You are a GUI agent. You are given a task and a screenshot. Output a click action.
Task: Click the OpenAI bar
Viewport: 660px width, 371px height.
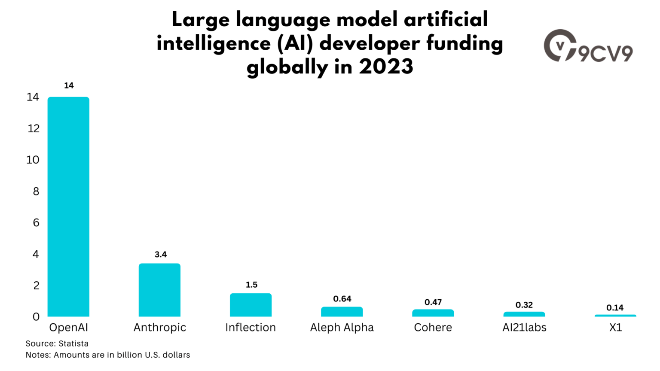coord(68,207)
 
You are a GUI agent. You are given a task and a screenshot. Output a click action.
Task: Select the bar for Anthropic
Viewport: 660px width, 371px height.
coord(159,290)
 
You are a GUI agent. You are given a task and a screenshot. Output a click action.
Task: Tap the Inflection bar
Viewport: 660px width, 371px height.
coord(251,305)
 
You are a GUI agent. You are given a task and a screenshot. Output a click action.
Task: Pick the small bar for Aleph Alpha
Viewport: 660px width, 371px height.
coord(342,312)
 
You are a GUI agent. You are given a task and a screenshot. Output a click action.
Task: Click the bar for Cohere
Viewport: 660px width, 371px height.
coord(433,313)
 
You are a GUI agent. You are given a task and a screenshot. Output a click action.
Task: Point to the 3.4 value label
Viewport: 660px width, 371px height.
coord(160,255)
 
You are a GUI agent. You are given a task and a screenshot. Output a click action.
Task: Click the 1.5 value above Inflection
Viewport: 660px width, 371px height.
coord(251,285)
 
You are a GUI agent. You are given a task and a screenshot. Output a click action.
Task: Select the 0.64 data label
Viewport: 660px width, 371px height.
coord(342,299)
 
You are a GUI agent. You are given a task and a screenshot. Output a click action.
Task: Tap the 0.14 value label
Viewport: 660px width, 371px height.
coord(615,308)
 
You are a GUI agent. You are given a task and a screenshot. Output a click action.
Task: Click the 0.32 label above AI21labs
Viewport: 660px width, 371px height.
coord(524,305)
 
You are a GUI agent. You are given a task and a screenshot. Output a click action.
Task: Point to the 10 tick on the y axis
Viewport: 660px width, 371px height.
coord(33,160)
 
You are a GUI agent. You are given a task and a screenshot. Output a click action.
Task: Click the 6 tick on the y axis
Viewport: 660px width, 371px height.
coord(36,222)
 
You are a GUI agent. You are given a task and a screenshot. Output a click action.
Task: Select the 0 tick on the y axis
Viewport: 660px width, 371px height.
coord(36,317)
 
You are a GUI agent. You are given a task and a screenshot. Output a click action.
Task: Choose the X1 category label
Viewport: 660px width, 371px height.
coord(615,328)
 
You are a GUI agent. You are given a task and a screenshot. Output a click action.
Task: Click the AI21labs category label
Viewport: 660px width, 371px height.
coord(524,328)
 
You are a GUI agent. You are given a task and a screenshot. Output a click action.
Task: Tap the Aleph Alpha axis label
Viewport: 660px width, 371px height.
coord(342,328)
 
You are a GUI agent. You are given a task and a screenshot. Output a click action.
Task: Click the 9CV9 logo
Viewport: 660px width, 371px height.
coord(588,46)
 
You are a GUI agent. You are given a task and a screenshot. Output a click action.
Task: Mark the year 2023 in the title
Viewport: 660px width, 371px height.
coord(386,67)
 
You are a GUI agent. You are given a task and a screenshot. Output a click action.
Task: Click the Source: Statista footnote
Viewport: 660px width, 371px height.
coord(57,344)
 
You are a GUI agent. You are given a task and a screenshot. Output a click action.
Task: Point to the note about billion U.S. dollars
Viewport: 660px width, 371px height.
coord(107,355)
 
